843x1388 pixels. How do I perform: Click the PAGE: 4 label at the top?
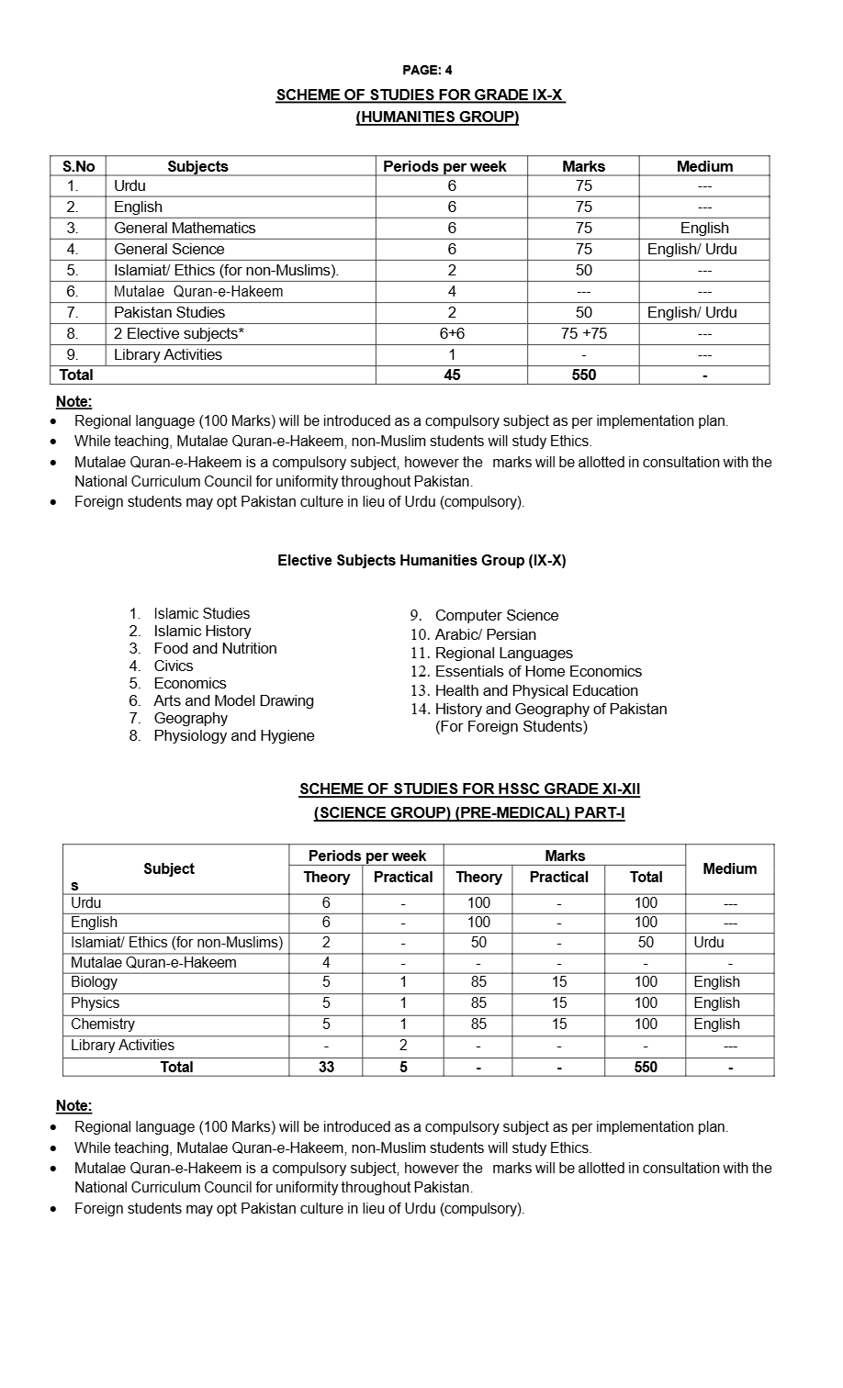427,70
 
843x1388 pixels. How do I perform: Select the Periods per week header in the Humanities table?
444,166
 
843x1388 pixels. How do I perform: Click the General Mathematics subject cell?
185,228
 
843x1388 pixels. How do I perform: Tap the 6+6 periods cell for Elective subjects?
452,333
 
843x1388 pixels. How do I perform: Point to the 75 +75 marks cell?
584,333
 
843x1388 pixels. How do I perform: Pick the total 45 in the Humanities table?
452,375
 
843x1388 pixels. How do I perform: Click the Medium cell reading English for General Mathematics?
704,228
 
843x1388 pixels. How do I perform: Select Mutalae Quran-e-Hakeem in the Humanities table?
198,291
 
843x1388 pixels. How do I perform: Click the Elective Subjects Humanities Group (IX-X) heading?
421,560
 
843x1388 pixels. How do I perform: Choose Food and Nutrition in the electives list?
215,648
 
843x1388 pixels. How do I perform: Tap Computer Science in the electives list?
496,615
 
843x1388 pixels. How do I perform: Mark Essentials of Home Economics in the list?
538,671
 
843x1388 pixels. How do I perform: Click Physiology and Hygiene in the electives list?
233,735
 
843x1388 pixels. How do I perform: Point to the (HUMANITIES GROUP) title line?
437,117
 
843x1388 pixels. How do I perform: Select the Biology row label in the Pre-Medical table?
95,981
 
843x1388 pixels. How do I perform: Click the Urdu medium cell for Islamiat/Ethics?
709,942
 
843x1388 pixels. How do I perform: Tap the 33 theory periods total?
326,1067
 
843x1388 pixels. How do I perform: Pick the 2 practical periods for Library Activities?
403,1045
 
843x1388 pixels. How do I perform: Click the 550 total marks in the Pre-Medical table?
646,1067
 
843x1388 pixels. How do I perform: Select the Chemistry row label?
103,1024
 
